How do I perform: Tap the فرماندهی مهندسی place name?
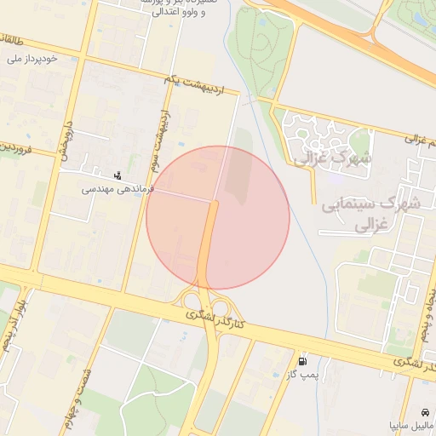click(x=117, y=189)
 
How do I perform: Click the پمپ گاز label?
click(x=301, y=374)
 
